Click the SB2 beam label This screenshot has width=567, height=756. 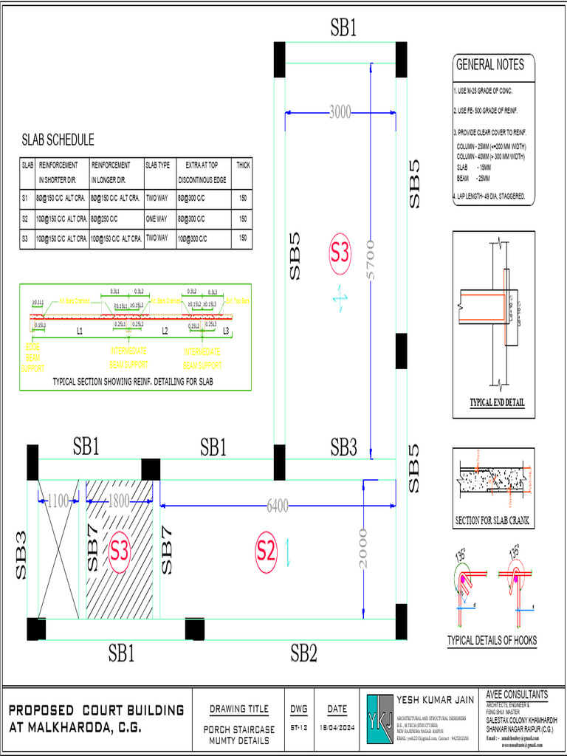pyautogui.click(x=303, y=653)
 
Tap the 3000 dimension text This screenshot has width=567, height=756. pyautogui.click(x=340, y=112)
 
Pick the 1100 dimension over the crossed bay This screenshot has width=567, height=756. pyautogui.click(x=58, y=501)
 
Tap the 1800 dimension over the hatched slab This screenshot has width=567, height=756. pyautogui.click(x=119, y=501)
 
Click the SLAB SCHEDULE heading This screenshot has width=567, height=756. pyautogui.click(x=58, y=140)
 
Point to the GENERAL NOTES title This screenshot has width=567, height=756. pyautogui.click(x=489, y=65)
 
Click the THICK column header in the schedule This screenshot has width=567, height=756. pyautogui.click(x=243, y=165)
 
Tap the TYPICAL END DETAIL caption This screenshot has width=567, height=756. pyautogui.click(x=497, y=402)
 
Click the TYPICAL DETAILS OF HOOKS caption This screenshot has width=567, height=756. pyautogui.click(x=492, y=640)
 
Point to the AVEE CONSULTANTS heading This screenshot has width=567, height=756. pyautogui.click(x=517, y=695)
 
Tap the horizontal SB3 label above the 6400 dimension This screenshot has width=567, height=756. pyautogui.click(x=343, y=447)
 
